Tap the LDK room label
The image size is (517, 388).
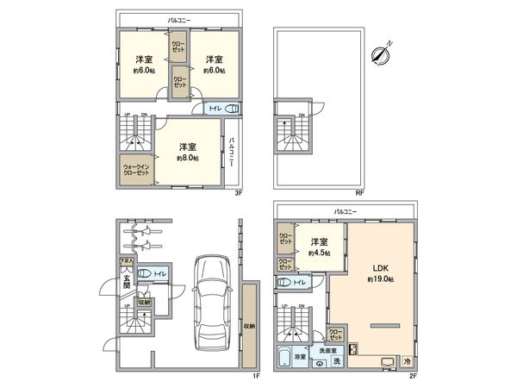(x=380, y=272)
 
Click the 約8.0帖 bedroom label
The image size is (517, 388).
(x=187, y=152)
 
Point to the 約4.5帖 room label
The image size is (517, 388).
(x=320, y=247)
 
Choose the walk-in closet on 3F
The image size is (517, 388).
(x=136, y=169)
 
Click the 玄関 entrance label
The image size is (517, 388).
(x=126, y=282)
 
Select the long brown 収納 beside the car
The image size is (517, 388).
(x=248, y=326)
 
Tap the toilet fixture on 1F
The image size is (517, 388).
(x=146, y=275)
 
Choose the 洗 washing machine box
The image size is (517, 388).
(x=338, y=360)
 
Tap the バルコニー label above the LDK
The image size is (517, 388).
(x=345, y=210)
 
